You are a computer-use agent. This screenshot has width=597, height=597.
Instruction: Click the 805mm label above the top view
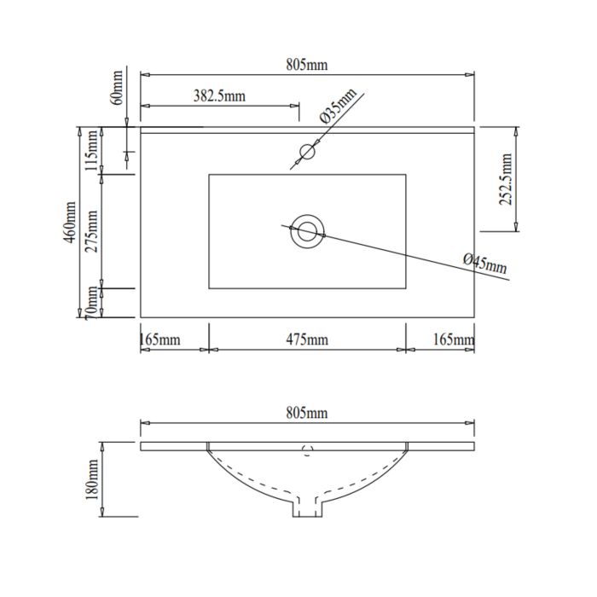tap(306, 65)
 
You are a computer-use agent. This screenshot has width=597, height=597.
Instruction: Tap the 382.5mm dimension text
tap(219, 96)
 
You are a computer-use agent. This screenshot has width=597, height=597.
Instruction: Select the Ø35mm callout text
tap(338, 106)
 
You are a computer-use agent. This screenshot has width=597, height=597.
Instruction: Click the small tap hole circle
tap(307, 152)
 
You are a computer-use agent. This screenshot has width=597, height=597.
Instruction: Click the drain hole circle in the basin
tap(307, 231)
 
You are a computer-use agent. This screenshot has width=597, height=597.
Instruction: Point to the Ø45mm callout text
tap(485, 263)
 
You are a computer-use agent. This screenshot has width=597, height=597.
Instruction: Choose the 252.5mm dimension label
tap(506, 179)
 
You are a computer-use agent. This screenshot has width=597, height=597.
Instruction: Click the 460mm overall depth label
tap(70, 223)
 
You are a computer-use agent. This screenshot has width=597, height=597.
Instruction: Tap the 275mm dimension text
tap(92, 231)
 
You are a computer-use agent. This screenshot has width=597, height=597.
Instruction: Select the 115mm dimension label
tap(92, 150)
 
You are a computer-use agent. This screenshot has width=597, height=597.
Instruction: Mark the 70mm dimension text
tap(92, 303)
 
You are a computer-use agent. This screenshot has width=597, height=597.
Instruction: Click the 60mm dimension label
tap(118, 88)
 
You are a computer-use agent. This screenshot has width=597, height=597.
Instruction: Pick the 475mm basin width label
tap(307, 339)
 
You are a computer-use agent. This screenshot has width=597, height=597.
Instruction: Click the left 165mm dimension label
tap(160, 339)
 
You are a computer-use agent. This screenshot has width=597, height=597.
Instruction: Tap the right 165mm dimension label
tap(454, 339)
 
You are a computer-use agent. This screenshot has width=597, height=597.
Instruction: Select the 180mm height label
tap(92, 479)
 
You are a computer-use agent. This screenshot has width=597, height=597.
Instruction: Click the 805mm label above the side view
tap(306, 413)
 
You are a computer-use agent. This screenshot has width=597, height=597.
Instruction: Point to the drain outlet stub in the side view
tap(307, 507)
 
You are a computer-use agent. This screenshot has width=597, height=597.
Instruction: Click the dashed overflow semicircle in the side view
tap(307, 450)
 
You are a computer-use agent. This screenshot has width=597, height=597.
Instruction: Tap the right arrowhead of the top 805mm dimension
tap(470, 75)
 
